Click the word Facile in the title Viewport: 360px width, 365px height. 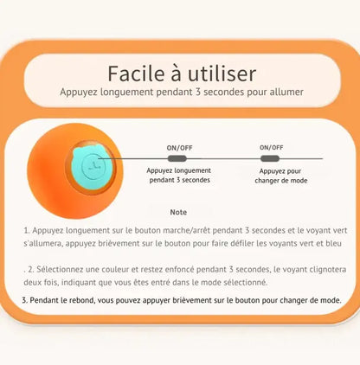click(x=136, y=74)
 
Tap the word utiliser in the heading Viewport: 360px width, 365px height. click(x=222, y=74)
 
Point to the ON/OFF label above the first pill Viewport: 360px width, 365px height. click(x=179, y=148)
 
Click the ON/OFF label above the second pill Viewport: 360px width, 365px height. click(x=272, y=147)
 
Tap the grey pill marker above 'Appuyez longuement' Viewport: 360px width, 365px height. click(x=177, y=158)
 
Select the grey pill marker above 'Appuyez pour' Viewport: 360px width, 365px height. click(x=270, y=158)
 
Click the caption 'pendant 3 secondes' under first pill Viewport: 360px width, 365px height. click(x=180, y=180)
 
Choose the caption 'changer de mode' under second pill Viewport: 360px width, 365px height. click(x=281, y=181)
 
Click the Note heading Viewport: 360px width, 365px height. click(x=178, y=212)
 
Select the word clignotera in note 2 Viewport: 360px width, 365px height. click(x=328, y=269)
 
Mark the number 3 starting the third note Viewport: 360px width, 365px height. click(x=24, y=300)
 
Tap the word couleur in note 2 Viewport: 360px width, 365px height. click(x=115, y=269)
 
